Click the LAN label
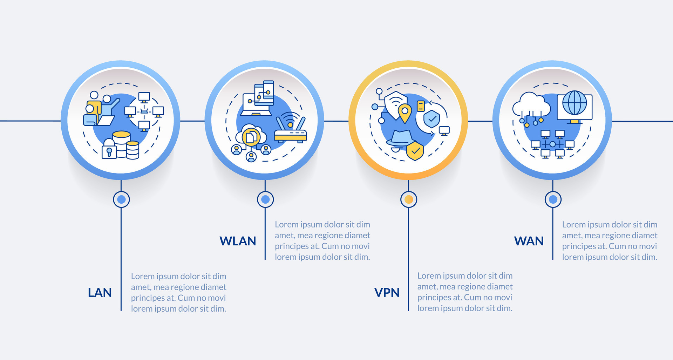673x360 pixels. coord(100,293)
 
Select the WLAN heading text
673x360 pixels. coord(238,241)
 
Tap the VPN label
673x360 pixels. coord(387,293)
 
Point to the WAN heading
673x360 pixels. coord(529,241)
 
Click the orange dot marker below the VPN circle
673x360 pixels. coord(408,199)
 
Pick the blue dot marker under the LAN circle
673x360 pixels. coord(121,199)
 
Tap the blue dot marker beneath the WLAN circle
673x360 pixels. coord(265,199)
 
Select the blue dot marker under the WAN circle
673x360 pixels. coord(553,199)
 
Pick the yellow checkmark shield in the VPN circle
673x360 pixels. coord(415,151)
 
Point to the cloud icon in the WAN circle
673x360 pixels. coord(531,104)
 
